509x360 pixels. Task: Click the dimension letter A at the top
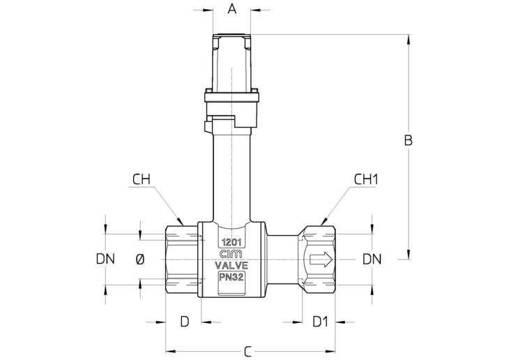[231, 9]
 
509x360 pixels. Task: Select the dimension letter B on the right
[408, 140]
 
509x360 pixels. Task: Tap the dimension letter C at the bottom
[248, 352]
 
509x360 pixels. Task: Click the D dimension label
[184, 322]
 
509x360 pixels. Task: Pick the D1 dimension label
[321, 322]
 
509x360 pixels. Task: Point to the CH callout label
[142, 179]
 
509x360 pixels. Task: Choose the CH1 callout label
[366, 179]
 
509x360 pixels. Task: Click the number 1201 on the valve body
[231, 242]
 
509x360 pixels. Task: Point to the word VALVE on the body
[231, 265]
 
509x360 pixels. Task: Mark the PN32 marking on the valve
[231, 277]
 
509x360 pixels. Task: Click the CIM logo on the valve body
[231, 254]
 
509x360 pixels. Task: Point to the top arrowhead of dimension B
[409, 39]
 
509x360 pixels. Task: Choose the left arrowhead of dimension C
[171, 351]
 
